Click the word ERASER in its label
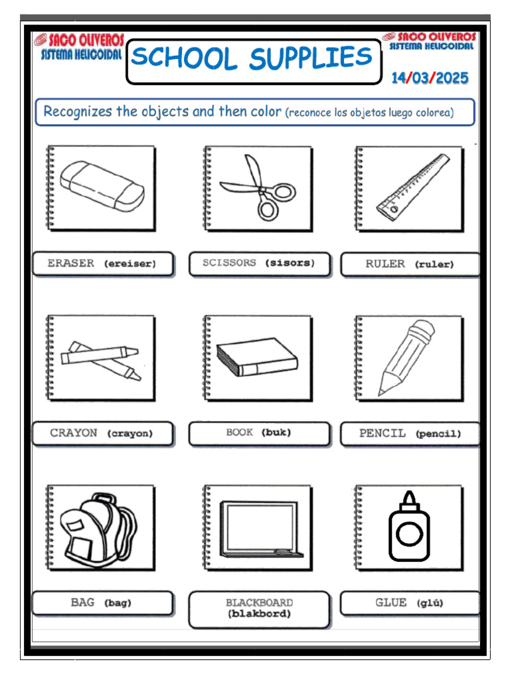tap(70, 263)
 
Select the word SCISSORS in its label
tap(229, 263)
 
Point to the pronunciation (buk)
tap(277, 432)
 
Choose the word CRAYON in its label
tap(74, 433)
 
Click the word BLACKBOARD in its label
tap(259, 602)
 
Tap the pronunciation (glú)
tap(430, 603)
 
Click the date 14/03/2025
tap(430, 78)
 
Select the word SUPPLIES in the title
tap(311, 59)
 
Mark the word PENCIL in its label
tap(382, 433)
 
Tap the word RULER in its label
tap(385, 264)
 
